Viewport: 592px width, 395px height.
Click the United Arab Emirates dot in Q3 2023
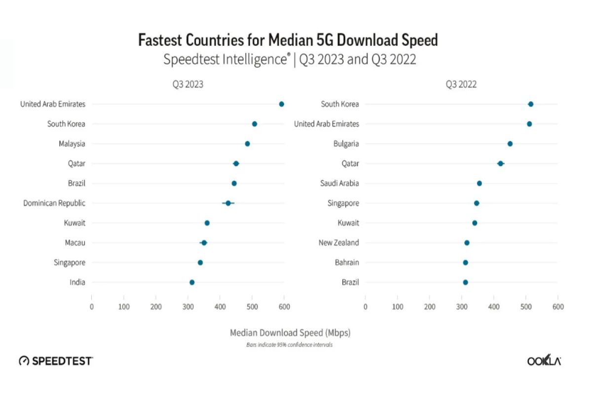click(281, 104)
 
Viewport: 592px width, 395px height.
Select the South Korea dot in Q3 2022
click(530, 104)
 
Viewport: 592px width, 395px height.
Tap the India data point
click(192, 282)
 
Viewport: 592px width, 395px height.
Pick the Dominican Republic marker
click(228, 203)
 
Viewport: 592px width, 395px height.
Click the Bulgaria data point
click(510, 144)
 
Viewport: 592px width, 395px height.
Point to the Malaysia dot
click(247, 144)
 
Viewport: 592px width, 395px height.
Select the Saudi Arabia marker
click(479, 183)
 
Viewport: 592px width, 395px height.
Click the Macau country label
click(75, 242)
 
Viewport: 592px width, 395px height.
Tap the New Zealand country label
click(339, 242)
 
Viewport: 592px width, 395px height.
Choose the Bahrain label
click(347, 262)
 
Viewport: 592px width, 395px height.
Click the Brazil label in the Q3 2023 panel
click(76, 183)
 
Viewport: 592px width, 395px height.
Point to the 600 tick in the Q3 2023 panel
click(284, 307)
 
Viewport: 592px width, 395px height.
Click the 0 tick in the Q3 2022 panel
click(365, 307)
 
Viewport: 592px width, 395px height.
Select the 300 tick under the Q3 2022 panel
click(461, 307)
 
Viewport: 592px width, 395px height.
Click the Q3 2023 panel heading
click(187, 84)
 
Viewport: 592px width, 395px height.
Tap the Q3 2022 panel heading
click(461, 84)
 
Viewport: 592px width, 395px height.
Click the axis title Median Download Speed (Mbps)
click(290, 333)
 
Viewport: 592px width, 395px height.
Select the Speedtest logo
click(55, 361)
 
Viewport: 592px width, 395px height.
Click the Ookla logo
click(544, 361)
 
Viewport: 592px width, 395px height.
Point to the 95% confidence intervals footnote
click(289, 345)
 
